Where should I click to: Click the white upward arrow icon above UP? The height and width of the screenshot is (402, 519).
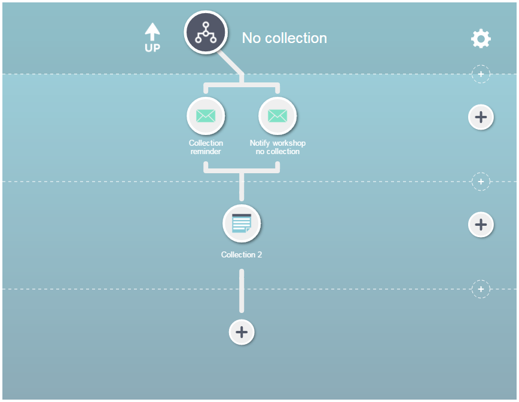coord(152,32)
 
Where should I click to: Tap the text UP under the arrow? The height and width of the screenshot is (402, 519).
coord(152,48)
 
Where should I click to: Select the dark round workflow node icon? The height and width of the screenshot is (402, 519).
coord(206,32)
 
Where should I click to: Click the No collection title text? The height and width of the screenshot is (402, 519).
coord(285,38)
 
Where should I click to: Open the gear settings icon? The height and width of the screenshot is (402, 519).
coord(481,39)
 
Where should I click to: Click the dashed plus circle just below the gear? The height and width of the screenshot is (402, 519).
coord(481,74)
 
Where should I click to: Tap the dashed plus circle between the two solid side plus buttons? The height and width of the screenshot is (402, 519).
coord(481,182)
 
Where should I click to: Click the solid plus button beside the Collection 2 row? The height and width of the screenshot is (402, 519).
coord(481,225)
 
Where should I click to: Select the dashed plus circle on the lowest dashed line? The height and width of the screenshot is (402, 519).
coord(481,289)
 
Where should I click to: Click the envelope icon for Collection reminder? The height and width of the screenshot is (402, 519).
coord(206,116)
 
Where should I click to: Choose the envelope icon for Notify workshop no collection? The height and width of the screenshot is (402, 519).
coord(277,116)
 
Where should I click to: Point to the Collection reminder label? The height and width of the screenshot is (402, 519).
coord(206,147)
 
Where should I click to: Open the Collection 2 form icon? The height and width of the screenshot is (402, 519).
coord(242,223)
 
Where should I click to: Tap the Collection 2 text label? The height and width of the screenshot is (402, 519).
coord(242,254)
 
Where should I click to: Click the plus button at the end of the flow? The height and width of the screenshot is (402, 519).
coord(242,332)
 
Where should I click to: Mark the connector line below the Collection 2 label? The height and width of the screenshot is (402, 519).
coord(242,291)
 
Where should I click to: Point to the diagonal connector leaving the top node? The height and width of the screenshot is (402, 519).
coord(231,63)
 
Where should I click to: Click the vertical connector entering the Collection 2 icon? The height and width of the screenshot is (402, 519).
coord(242,187)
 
